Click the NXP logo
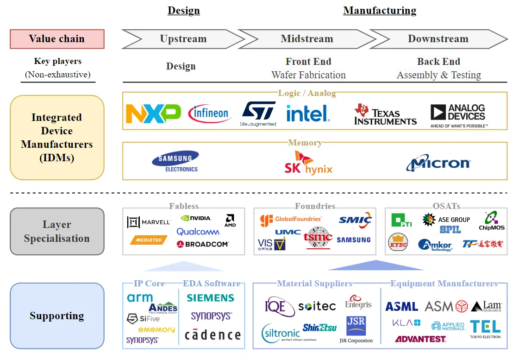point(153,114)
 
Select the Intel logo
point(307,113)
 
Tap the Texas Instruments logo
point(385,114)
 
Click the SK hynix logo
point(308,163)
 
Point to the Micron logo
point(438,164)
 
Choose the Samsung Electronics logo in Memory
point(175,161)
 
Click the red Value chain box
point(57,39)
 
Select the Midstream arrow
point(306,39)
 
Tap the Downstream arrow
point(438,39)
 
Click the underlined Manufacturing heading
point(380,10)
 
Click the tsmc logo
point(318,238)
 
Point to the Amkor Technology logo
point(435,245)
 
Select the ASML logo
point(401,306)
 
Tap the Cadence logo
point(213,335)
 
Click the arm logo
point(140,298)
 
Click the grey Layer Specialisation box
point(57,231)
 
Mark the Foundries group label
point(315,206)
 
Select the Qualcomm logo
point(198,232)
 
